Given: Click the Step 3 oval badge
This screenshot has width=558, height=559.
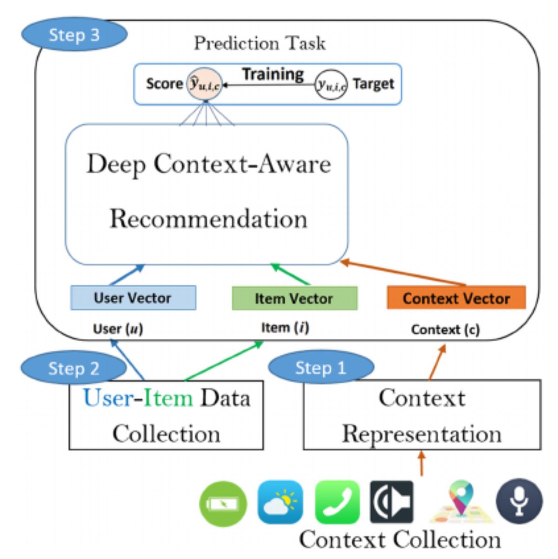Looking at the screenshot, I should (x=74, y=35).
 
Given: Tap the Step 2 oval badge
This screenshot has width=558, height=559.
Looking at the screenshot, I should (x=73, y=368).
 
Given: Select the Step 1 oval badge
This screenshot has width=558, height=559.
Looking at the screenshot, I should (x=321, y=368).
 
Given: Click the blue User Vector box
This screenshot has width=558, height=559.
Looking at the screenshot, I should (x=133, y=298).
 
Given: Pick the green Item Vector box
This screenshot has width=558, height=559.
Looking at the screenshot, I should (x=294, y=298).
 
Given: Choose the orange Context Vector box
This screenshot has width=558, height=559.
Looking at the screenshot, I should (x=456, y=298).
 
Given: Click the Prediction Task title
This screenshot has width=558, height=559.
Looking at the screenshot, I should (x=259, y=43).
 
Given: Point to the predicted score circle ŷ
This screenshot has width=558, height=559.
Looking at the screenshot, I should (x=204, y=84).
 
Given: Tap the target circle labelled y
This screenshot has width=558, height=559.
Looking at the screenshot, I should (x=331, y=84).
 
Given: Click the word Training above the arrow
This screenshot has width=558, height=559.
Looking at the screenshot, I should (x=273, y=74).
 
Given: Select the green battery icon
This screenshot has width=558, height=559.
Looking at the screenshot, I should (x=223, y=504).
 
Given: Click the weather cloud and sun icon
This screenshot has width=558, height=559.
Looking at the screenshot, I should (x=280, y=503).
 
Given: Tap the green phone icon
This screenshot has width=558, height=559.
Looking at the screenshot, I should (x=337, y=503).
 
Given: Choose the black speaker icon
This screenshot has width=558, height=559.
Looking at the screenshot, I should (x=392, y=502).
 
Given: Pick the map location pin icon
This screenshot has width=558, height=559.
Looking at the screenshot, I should (x=460, y=501).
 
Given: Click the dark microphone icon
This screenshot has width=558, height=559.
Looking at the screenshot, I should (x=519, y=502).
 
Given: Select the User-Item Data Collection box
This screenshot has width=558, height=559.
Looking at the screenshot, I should (x=166, y=415).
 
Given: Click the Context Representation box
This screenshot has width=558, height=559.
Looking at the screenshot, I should (x=422, y=415).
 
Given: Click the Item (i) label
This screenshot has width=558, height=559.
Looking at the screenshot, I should (x=285, y=328).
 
